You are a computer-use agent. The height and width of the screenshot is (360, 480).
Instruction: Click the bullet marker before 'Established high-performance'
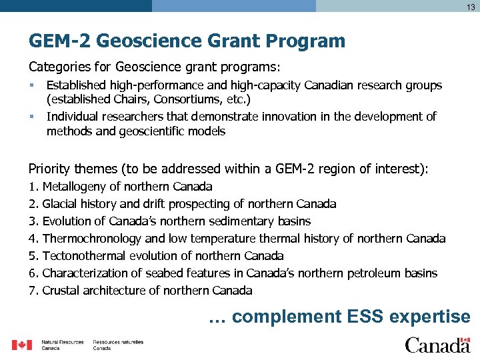tap(31, 85)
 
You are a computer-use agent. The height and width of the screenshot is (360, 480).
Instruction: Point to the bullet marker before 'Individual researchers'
tap(31, 117)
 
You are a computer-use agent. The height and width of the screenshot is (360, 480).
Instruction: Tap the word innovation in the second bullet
tap(291, 117)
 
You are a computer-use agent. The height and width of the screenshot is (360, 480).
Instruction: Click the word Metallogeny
tap(77, 187)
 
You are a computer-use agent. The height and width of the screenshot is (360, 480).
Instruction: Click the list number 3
tap(33, 221)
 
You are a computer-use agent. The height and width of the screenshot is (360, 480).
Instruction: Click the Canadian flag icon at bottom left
tap(22, 345)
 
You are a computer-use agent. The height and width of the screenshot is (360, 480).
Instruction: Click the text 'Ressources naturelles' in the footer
tap(118, 342)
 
